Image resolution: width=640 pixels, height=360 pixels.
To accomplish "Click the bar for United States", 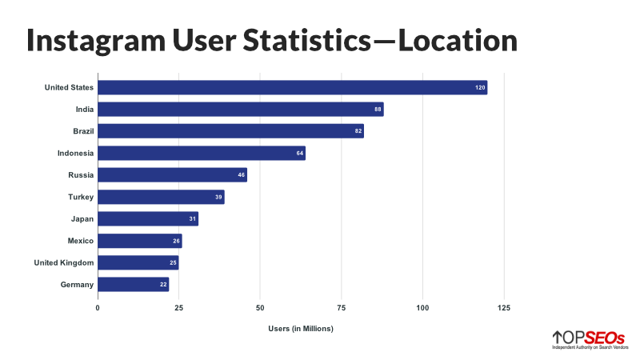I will [292, 87].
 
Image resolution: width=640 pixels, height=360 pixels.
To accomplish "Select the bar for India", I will [240, 110].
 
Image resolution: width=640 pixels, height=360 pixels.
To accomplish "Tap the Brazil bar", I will [230, 131].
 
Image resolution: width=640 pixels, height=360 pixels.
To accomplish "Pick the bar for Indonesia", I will [202, 153].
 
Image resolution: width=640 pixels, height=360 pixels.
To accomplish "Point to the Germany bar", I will [133, 284].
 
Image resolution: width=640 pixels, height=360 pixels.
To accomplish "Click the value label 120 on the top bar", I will [480, 87].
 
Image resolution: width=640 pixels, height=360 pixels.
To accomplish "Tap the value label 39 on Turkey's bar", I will [219, 197].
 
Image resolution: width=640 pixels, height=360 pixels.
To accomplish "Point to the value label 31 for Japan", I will [193, 218].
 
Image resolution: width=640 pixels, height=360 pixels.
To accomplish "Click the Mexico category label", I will [81, 240].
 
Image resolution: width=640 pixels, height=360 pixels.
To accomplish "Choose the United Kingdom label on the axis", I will [64, 262].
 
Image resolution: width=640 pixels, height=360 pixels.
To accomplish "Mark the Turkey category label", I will [81, 197].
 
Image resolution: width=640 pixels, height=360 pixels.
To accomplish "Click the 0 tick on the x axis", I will [98, 306].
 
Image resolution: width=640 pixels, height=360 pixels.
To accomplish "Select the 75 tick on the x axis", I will [341, 306].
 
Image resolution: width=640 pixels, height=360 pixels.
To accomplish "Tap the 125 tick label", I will [503, 306].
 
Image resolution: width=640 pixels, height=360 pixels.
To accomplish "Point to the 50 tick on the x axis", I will [260, 306].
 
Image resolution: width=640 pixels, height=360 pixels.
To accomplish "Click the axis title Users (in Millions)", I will [301, 329].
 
